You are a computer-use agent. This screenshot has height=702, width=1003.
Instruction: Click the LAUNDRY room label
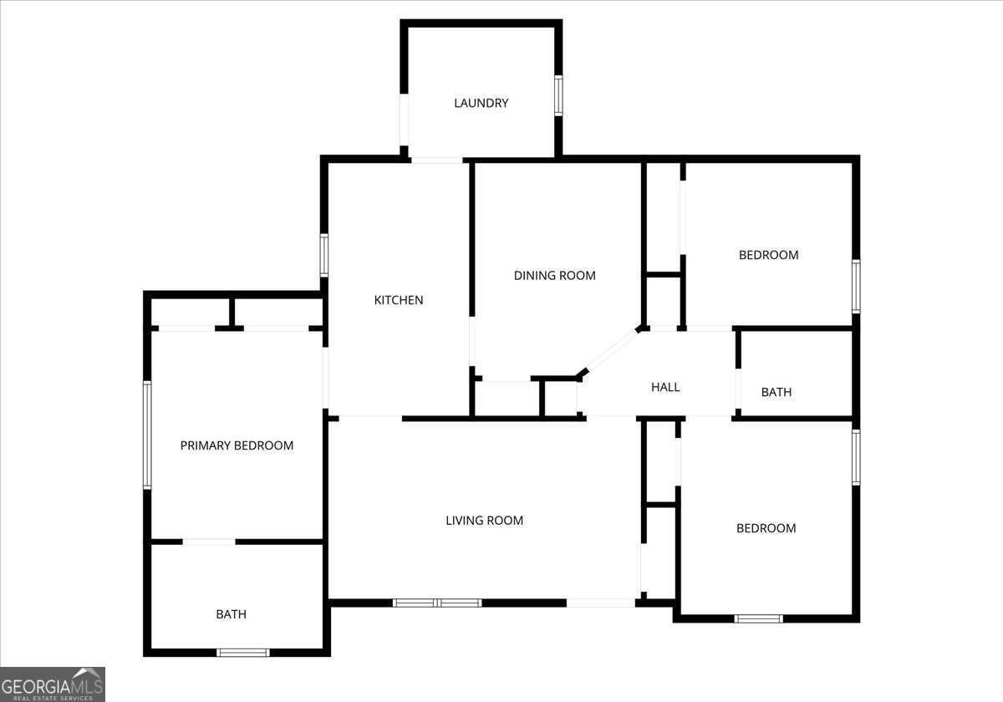click(x=481, y=104)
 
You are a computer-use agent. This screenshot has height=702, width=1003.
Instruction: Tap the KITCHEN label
click(x=398, y=300)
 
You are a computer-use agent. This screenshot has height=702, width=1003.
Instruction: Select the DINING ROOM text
click(x=554, y=275)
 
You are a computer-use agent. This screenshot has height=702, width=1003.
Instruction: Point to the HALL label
click(x=665, y=387)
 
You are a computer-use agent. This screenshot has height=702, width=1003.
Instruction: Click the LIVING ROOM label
click(x=484, y=521)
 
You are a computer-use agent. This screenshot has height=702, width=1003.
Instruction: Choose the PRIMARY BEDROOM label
click(x=237, y=445)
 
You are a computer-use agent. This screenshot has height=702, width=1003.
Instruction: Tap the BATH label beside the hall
click(x=776, y=392)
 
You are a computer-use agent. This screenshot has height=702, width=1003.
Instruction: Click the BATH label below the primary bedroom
click(x=231, y=614)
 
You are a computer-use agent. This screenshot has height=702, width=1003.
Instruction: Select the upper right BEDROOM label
click(x=768, y=255)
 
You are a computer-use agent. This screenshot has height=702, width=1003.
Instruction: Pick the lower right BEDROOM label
click(x=766, y=528)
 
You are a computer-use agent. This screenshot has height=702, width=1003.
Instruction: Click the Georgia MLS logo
click(x=52, y=684)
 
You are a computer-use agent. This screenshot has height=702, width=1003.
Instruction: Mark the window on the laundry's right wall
click(x=558, y=94)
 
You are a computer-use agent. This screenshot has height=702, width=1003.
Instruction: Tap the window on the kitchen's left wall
click(x=324, y=255)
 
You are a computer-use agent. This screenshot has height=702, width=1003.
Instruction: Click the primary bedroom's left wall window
click(x=147, y=435)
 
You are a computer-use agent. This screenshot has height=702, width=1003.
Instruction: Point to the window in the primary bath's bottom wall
click(x=242, y=652)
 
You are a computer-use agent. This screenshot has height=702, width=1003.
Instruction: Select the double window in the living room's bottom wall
click(x=437, y=602)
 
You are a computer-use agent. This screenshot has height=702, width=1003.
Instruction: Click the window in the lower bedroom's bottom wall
click(x=758, y=618)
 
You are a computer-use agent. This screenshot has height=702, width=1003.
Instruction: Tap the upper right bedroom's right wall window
click(x=856, y=287)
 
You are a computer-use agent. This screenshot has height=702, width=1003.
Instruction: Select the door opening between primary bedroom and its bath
click(x=209, y=542)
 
